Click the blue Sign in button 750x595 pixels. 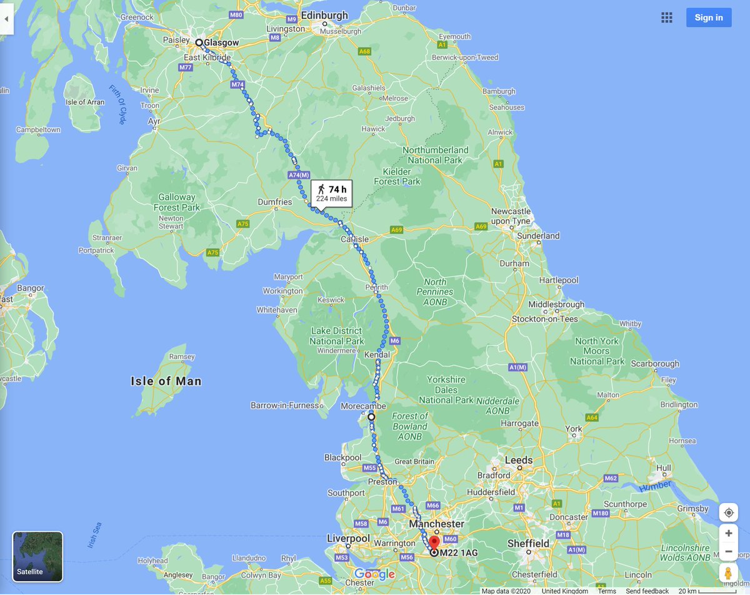708,18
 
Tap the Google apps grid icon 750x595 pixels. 667,18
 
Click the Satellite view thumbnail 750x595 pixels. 37,556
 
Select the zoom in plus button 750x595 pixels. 728,534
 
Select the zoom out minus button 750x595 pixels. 728,551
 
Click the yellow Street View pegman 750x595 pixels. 728,573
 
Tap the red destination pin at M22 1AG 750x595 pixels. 434,542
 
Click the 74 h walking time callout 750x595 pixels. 331,193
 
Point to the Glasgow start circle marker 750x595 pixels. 199,43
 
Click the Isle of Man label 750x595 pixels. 166,381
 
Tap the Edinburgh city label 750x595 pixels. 324,15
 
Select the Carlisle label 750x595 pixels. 354,239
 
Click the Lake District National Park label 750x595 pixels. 337,336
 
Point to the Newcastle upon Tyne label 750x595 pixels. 511,216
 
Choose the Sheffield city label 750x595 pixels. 528,543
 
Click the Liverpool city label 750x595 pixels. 349,538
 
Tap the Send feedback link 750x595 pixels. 647,591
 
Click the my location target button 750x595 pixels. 728,512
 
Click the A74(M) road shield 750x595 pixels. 299,176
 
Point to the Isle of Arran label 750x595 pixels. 85,102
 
